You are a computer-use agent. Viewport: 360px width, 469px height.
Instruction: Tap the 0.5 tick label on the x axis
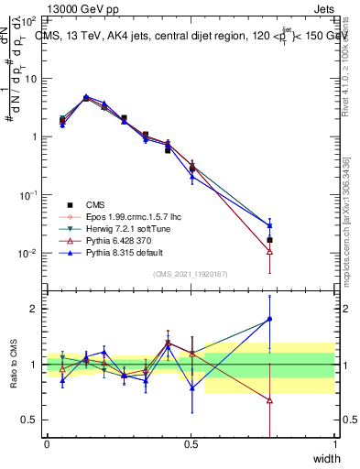click(x=191, y=443)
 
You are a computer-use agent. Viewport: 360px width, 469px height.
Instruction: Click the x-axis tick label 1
click(x=335, y=443)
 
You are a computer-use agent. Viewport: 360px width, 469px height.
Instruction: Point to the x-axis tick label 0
click(x=47, y=443)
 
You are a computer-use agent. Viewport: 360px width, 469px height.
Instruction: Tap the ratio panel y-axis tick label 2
click(x=35, y=309)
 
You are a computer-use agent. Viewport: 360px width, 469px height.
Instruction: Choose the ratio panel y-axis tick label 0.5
click(x=30, y=420)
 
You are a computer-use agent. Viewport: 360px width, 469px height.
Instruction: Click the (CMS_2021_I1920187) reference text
click(x=191, y=274)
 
